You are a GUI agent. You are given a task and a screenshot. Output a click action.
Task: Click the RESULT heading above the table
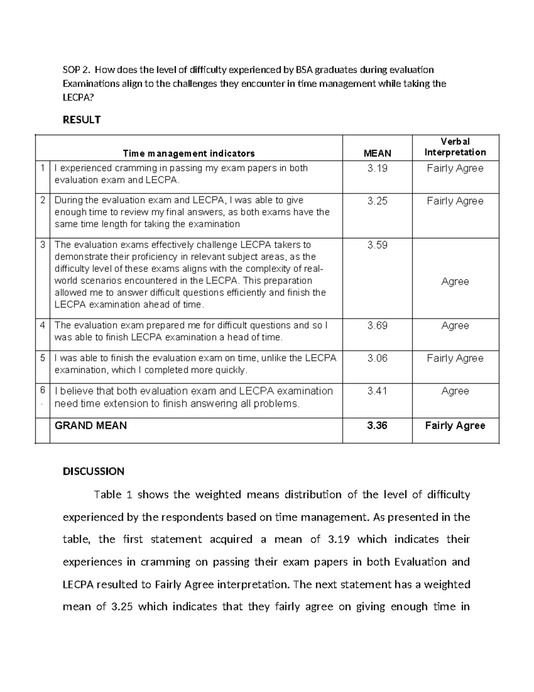(81, 119)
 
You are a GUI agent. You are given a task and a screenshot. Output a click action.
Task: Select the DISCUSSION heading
(93, 471)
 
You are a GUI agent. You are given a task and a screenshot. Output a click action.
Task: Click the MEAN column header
(377, 153)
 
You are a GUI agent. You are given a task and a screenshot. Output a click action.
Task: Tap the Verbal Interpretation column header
(455, 147)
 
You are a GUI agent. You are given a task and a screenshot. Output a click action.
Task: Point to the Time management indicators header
(189, 153)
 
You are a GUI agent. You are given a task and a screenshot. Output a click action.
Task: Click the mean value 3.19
(377, 168)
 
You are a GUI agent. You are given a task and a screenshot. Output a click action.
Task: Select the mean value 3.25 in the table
(377, 201)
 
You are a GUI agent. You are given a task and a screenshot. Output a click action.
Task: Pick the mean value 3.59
(377, 245)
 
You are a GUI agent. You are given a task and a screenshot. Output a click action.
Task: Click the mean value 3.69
(377, 326)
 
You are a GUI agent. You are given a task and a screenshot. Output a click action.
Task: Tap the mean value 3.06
(377, 358)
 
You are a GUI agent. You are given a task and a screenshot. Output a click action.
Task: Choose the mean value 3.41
(377, 391)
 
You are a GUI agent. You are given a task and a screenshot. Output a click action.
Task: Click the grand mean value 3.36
(377, 426)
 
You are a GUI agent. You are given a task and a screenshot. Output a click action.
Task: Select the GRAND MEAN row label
(90, 426)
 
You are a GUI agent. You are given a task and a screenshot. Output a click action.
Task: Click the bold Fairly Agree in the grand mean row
(455, 426)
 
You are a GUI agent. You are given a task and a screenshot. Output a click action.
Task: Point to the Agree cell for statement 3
(455, 282)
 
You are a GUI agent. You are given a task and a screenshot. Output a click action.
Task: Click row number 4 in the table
(42, 325)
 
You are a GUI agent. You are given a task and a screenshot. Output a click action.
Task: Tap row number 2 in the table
(42, 201)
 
